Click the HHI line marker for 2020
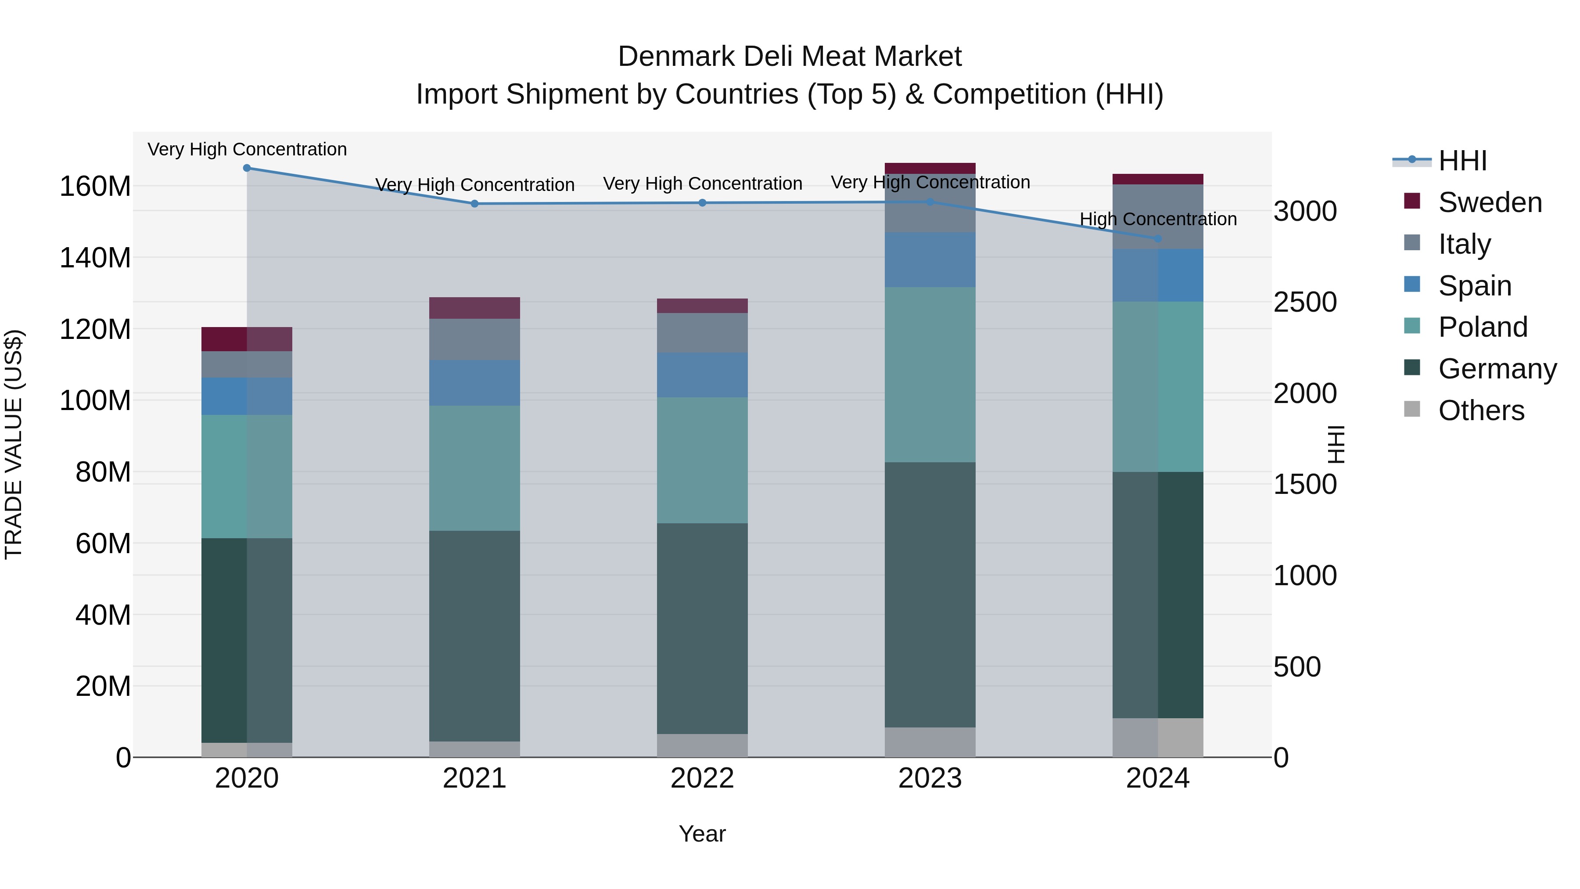tap(247, 168)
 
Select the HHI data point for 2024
tap(1157, 239)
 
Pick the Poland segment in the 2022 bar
tap(702, 460)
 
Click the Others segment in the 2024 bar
tap(1157, 738)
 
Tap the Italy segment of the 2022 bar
tap(702, 333)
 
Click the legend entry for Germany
tap(1497, 369)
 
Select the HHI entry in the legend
tap(1462, 161)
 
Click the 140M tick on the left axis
tap(95, 258)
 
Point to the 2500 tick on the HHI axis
tap(1305, 302)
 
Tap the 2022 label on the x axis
tap(702, 778)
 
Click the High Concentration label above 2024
tap(1157, 219)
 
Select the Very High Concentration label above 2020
tap(247, 150)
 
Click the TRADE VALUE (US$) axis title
tap(14, 444)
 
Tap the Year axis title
tap(702, 834)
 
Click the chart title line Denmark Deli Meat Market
tap(790, 57)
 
